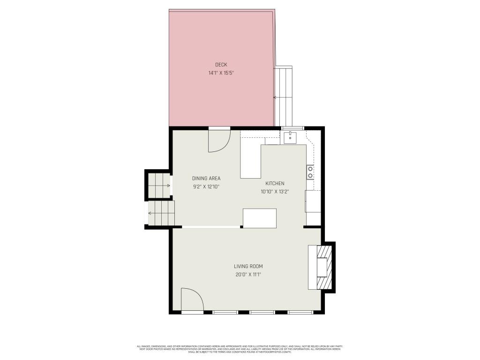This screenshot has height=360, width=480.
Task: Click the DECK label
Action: pyautogui.click(x=221, y=65)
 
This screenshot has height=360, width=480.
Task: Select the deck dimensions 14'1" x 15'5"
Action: pyautogui.click(x=221, y=73)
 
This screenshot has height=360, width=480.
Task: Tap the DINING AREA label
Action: pyautogui.click(x=206, y=178)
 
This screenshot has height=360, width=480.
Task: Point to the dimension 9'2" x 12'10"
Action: pyautogui.click(x=206, y=187)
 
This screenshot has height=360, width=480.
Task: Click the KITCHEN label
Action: pyautogui.click(x=275, y=183)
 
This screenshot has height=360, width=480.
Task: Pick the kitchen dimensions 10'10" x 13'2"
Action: pyautogui.click(x=275, y=191)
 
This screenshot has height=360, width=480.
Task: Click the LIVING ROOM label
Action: pyautogui.click(x=248, y=266)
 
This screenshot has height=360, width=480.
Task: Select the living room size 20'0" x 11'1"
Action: pyautogui.click(x=248, y=275)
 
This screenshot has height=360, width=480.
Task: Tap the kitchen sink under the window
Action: pyautogui.click(x=290, y=137)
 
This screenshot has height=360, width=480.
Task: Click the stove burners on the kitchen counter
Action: pyautogui.click(x=310, y=172)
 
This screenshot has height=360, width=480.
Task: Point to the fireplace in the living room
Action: pyautogui.click(x=323, y=267)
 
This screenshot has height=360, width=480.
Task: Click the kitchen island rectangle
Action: pyautogui.click(x=260, y=218)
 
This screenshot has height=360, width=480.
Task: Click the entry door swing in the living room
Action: pyautogui.click(x=191, y=300)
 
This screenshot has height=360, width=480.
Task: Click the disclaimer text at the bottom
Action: pyautogui.click(x=240, y=349)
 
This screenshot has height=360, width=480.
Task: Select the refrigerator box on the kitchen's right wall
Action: pyautogui.click(x=313, y=202)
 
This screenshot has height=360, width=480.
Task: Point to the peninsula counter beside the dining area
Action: pyautogui.click(x=251, y=162)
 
